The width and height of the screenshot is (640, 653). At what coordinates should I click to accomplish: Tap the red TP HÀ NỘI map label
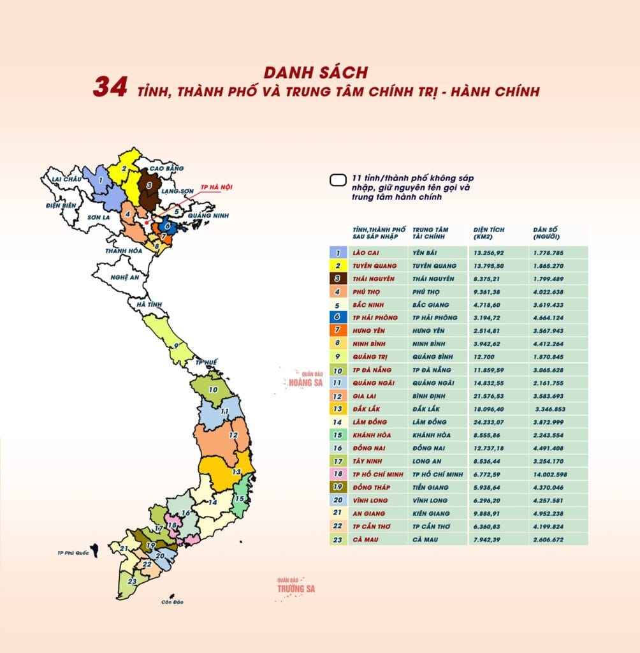[217, 187]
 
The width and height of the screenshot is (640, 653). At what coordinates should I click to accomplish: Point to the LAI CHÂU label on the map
[66, 180]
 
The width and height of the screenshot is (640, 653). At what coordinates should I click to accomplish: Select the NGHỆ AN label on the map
[124, 278]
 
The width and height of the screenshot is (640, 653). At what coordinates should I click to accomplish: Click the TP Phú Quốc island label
[73, 552]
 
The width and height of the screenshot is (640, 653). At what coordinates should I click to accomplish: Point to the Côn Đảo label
[172, 602]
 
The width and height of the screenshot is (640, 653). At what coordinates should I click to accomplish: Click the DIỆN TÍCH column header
[489, 233]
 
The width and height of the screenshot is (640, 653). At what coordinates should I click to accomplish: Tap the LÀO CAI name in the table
[365, 253]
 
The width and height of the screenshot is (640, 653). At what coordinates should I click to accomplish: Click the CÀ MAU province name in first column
[365, 539]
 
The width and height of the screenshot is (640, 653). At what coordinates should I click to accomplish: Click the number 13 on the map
[236, 472]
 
